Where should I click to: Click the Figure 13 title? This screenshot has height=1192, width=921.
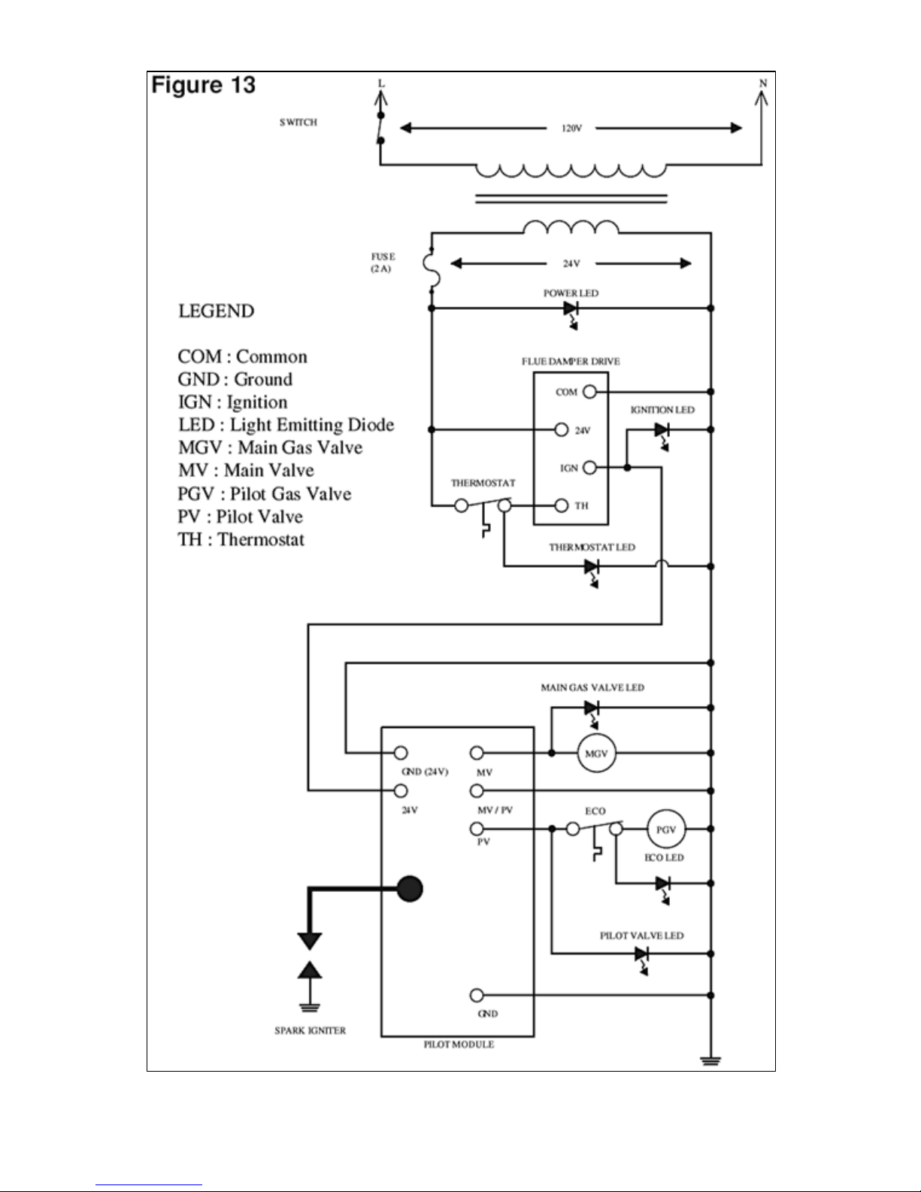pyautogui.click(x=203, y=86)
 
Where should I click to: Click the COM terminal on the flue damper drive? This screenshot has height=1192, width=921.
pyautogui.click(x=589, y=392)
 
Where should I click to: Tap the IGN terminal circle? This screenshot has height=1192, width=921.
pyautogui.click(x=589, y=467)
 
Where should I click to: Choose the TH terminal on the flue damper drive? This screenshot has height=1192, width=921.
pyautogui.click(x=562, y=505)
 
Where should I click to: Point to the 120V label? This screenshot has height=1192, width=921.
pyautogui.click(x=571, y=129)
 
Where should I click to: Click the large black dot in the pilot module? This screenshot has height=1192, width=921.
pyautogui.click(x=410, y=889)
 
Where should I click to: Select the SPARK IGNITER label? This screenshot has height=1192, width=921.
pyautogui.click(x=311, y=1030)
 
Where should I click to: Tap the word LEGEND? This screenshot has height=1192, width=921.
pyautogui.click(x=216, y=311)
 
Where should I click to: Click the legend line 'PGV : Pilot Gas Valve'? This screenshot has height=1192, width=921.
pyautogui.click(x=264, y=493)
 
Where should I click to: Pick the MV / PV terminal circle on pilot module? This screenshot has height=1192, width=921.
pyautogui.click(x=477, y=790)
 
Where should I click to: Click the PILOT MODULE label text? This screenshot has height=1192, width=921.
pyautogui.click(x=459, y=1045)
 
